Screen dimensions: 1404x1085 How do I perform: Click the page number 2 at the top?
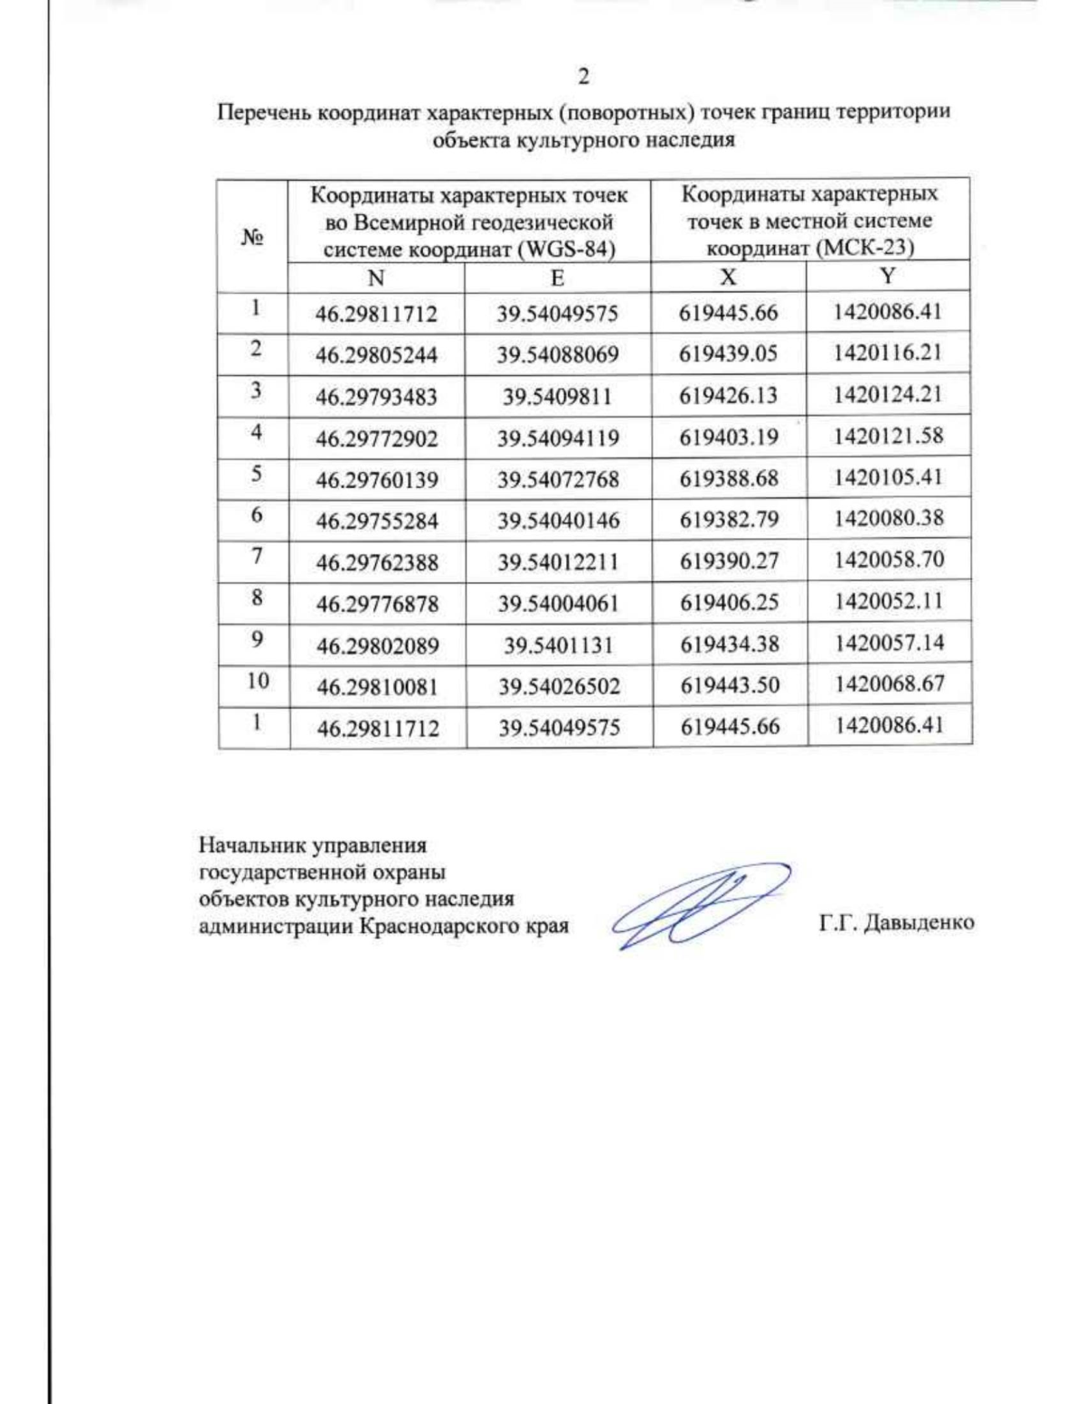(583, 77)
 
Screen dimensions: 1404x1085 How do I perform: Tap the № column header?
(252, 237)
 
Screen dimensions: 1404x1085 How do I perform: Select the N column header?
(376, 278)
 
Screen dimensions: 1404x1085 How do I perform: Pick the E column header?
(557, 278)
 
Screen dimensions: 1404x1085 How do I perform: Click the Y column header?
(888, 276)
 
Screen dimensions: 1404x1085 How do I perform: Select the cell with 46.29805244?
(376, 355)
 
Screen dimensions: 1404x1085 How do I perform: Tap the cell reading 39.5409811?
(558, 397)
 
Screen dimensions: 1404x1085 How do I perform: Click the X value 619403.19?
(729, 438)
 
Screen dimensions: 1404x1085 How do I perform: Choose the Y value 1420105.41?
(888, 476)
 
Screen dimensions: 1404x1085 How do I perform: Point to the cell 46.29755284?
(377, 522)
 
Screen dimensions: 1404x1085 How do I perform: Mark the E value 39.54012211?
(558, 562)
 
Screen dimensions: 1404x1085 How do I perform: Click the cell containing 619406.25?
(729, 602)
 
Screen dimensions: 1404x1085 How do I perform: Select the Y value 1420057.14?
(889, 643)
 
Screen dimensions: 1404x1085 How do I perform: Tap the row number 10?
(258, 681)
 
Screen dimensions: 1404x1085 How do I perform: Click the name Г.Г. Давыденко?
(896, 923)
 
